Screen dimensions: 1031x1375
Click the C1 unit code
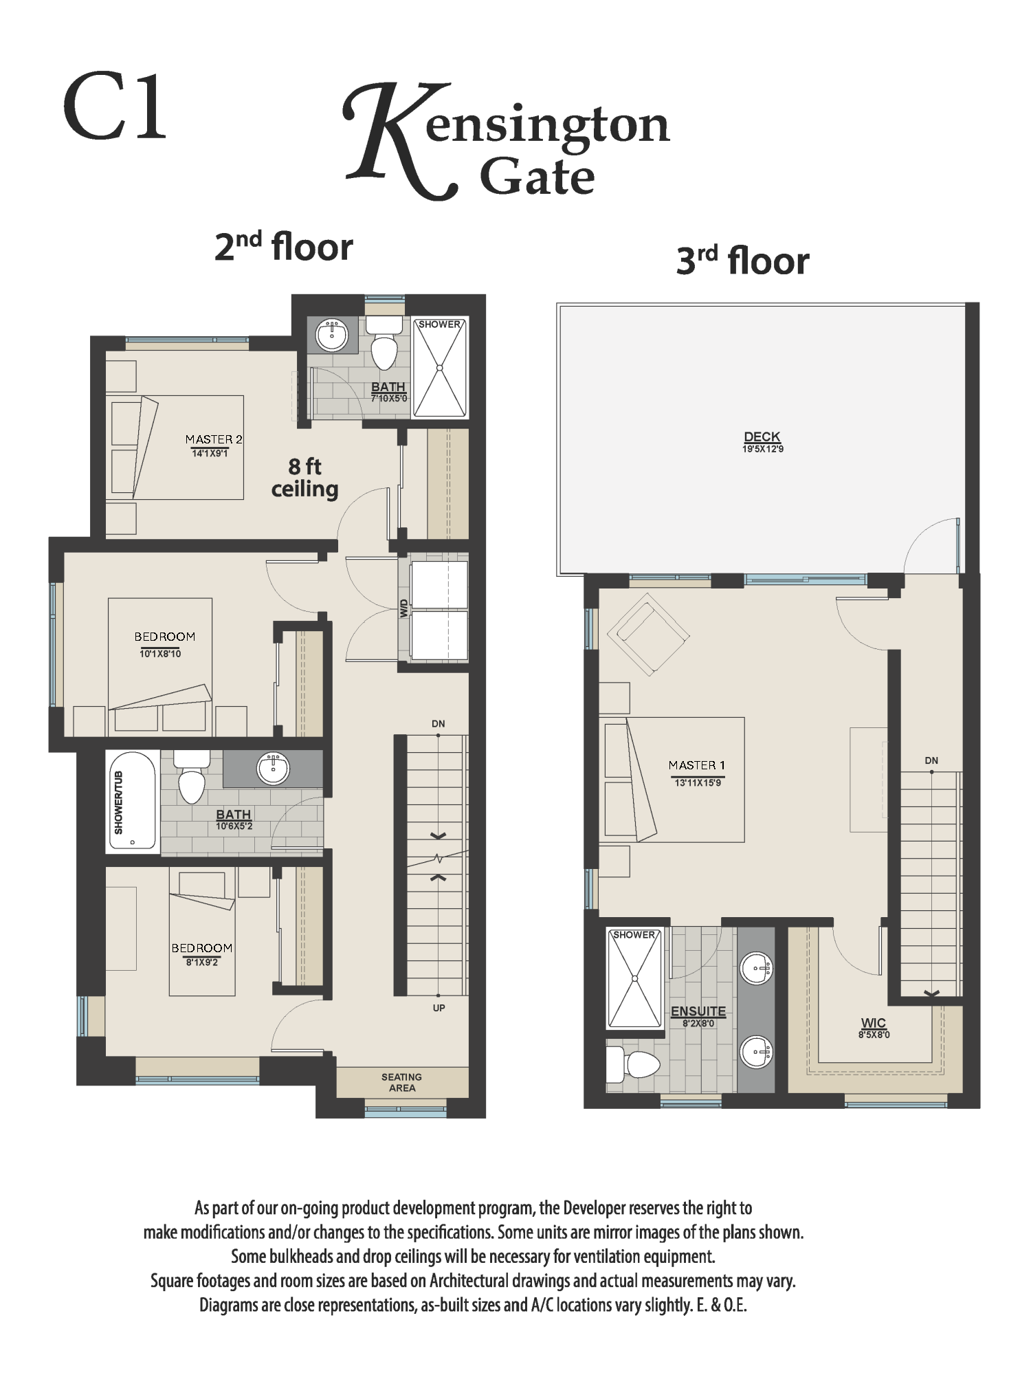(115, 108)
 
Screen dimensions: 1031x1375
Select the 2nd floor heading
(284, 247)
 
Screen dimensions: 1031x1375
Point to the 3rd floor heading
(743, 261)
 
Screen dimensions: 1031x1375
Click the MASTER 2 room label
(214, 439)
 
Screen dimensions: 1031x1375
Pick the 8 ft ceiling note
(304, 478)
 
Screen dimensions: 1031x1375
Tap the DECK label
(762, 437)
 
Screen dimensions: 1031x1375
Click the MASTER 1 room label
(697, 765)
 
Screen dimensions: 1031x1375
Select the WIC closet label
(874, 1023)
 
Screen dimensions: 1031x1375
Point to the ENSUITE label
(698, 1011)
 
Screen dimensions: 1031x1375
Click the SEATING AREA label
(402, 1082)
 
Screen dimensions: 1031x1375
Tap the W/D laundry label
(404, 608)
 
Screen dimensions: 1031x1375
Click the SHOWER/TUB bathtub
(133, 802)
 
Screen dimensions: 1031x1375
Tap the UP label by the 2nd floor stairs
(439, 1008)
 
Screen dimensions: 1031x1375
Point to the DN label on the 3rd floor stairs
(931, 760)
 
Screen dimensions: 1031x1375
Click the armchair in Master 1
(648, 637)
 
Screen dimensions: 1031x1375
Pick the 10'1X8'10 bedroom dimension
(160, 654)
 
